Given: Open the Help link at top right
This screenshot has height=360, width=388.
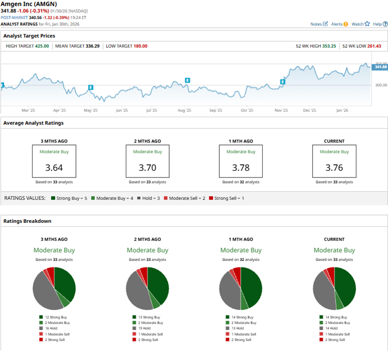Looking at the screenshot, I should [x=379, y=24].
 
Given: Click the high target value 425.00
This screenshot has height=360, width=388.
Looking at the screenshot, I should [x=42, y=46].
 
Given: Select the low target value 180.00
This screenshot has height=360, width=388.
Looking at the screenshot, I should [x=139, y=46].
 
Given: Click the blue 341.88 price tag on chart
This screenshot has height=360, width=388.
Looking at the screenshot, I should [x=380, y=67].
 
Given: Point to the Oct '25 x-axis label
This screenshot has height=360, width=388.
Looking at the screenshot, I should [x=247, y=110].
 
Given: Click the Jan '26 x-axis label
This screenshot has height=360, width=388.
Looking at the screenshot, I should [x=342, y=110].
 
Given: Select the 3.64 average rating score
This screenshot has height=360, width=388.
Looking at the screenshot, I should [x=54, y=167].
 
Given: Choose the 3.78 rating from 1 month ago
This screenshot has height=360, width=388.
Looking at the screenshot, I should [x=241, y=167].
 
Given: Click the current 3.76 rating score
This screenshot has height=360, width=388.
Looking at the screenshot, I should [x=334, y=167].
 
